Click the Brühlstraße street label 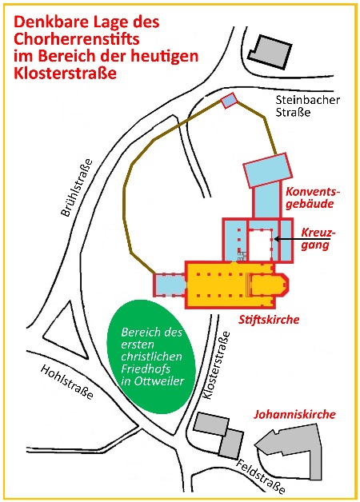pos(77,188)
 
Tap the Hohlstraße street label pos(67,382)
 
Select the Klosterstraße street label pos(217,365)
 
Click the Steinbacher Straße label pos(307,106)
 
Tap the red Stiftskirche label pos(269,320)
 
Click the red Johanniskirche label pos(294,414)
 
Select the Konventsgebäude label pos(312,197)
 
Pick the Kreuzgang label pos(318,239)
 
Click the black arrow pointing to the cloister pos(302,239)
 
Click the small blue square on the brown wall pos(230,101)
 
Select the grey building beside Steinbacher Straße pos(270,51)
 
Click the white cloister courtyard pos(260,245)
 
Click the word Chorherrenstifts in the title pos(77,39)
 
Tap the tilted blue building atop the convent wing pos(268,170)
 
